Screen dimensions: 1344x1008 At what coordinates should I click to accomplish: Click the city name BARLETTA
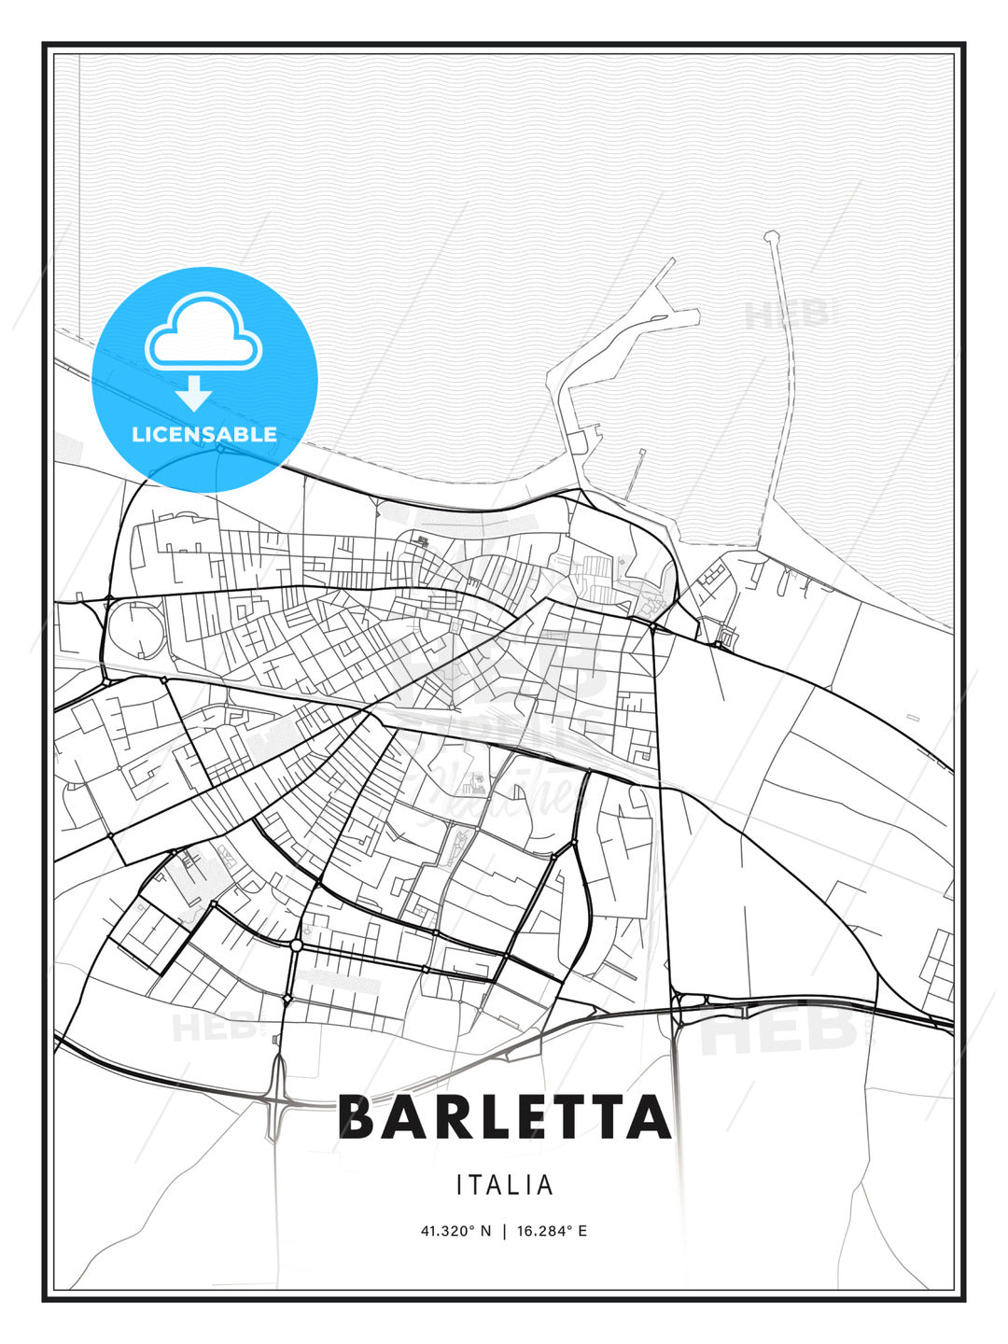tap(504, 1116)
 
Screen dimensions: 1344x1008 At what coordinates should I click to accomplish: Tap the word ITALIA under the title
tap(505, 1185)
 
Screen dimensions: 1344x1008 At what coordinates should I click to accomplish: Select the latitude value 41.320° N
tap(455, 1231)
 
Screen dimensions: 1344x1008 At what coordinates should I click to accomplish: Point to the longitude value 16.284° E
tap(551, 1231)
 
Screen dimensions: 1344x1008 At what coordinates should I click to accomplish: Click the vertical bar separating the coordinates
tap(504, 1231)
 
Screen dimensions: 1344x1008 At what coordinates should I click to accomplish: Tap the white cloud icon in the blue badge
tap(203, 333)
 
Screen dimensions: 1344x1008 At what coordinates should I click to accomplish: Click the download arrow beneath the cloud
tap(194, 394)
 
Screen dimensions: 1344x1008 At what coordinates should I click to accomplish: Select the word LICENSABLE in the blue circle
tap(204, 434)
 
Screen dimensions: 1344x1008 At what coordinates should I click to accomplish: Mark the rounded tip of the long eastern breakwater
tap(771, 236)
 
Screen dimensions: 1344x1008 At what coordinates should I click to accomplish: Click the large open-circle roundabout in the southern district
tap(296, 945)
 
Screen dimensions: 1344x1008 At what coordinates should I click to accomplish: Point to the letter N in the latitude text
tap(485, 1231)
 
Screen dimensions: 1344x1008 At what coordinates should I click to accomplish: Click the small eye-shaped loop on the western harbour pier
tap(661, 320)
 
